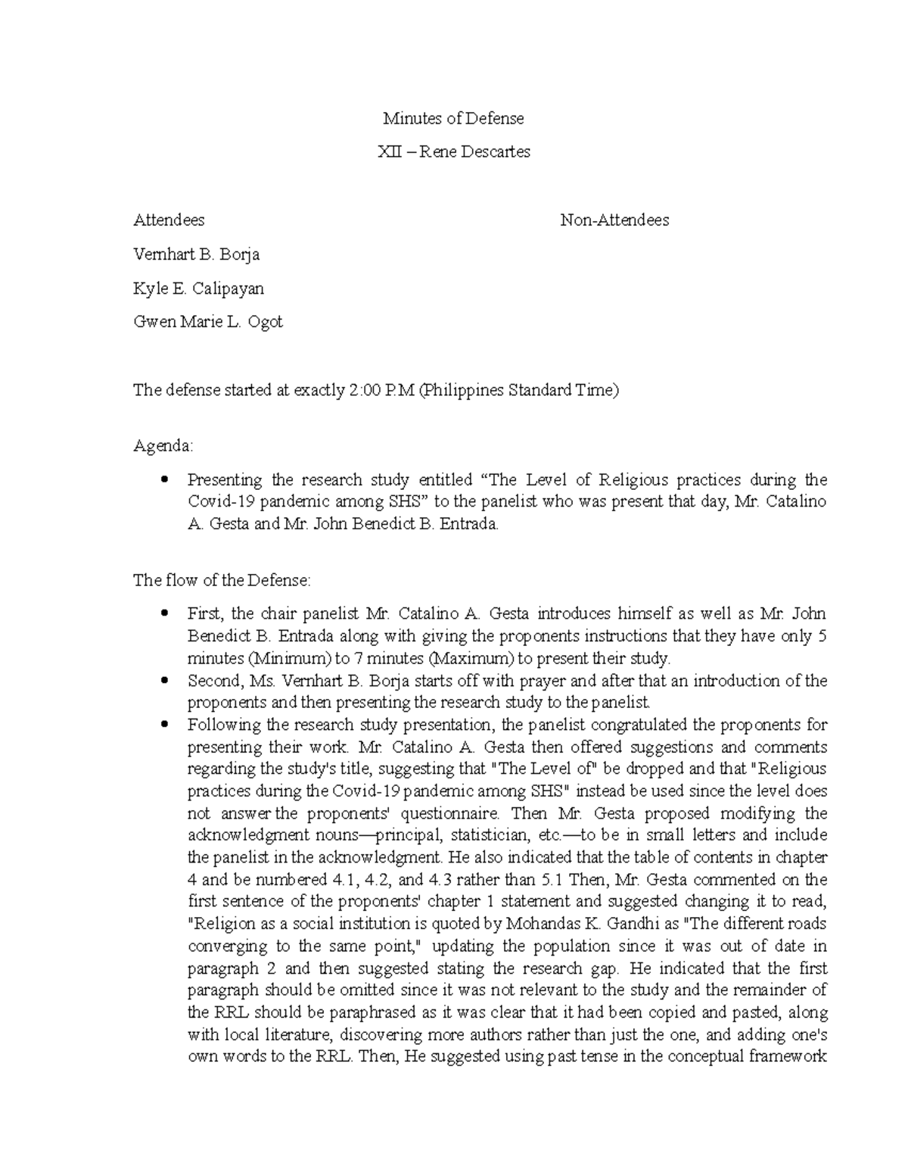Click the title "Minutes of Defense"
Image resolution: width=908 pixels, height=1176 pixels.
point(453,119)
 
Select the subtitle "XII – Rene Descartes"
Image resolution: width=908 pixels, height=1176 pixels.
point(453,152)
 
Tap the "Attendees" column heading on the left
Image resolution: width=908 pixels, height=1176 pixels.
point(169,220)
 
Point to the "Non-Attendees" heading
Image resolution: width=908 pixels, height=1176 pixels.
point(614,220)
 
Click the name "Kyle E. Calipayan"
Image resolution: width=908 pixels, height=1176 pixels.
point(198,289)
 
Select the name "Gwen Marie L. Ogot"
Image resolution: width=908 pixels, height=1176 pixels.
point(207,322)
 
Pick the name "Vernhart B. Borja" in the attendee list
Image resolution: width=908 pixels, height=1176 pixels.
point(196,254)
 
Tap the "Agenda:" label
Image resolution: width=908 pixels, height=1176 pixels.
point(163,446)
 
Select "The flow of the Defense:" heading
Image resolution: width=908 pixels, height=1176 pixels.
point(222,581)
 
